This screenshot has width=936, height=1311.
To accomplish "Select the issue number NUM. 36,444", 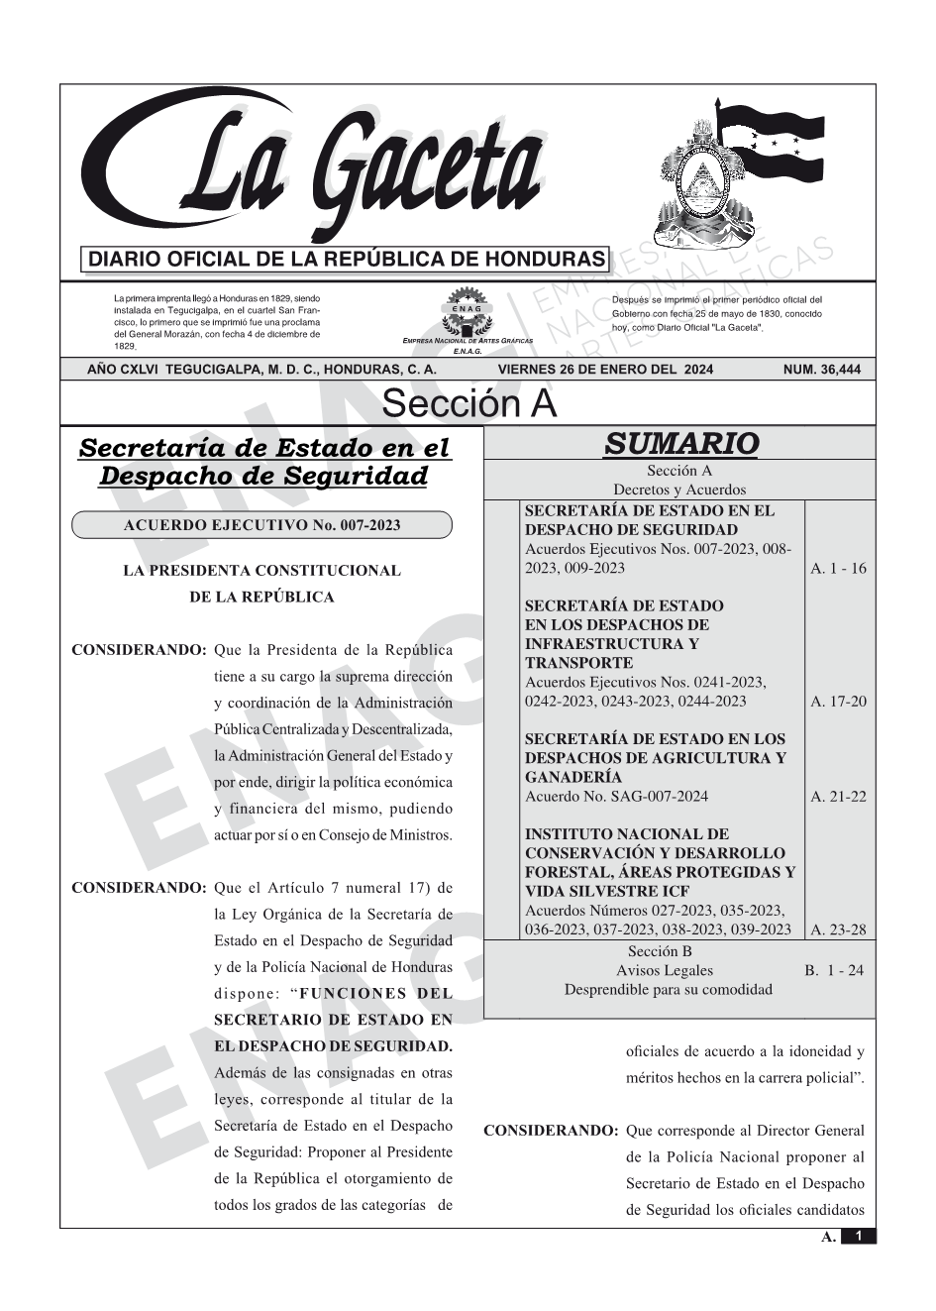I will [x=821, y=370].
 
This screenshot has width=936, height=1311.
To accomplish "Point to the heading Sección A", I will [x=468, y=404].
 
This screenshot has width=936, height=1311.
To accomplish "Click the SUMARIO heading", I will [x=680, y=444].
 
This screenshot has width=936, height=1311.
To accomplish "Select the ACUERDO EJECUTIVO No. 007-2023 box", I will [x=261, y=525].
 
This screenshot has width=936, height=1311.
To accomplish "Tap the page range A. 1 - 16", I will [x=838, y=569].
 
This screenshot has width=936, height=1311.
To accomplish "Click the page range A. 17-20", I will [x=838, y=702].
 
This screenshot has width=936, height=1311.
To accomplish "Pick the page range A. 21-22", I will [x=838, y=797].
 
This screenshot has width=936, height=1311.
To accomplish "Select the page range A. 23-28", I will [x=838, y=929].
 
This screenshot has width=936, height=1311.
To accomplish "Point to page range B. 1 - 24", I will [x=834, y=971].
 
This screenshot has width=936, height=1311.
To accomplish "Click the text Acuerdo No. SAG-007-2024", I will [x=616, y=797].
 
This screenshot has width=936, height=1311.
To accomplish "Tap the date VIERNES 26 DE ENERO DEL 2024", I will [x=605, y=370].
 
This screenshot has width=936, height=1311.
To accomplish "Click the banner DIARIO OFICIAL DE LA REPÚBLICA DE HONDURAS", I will [x=347, y=260].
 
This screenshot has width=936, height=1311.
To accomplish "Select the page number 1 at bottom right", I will [x=859, y=1237].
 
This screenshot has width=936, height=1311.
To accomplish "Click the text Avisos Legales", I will [x=665, y=971].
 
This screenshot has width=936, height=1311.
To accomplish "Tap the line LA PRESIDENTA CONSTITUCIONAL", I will [x=261, y=571].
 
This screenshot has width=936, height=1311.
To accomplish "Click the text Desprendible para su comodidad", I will [x=669, y=990].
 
